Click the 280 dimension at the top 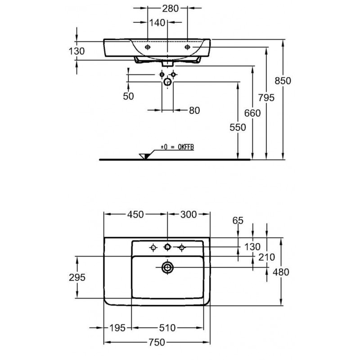(171, 9)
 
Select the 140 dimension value (157, 23)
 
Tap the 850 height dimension (283, 81)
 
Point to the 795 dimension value (266, 98)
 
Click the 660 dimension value (252, 113)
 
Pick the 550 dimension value (238, 127)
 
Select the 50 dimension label (128, 96)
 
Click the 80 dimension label (194, 110)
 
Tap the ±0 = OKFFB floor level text (177, 147)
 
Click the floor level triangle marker (144, 156)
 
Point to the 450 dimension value (135, 215)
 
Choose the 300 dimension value (189, 215)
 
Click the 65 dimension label (238, 220)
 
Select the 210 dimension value (266, 257)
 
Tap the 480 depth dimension (281, 272)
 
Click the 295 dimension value (77, 277)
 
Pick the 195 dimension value (117, 328)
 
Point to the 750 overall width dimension (157, 342)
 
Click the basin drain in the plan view (167, 267)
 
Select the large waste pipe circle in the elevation (167, 82)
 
